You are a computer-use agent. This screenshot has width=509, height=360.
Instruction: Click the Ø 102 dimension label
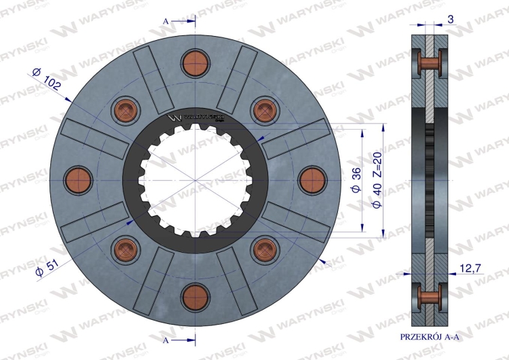point(46,79)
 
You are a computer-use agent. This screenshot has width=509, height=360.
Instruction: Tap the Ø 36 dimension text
point(356,180)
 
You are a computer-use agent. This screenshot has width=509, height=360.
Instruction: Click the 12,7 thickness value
point(470,268)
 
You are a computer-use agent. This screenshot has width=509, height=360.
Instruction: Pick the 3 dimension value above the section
point(451,20)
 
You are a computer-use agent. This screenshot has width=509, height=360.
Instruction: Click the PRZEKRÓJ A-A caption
point(430,337)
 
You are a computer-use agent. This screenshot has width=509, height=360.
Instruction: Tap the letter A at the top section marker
point(166,22)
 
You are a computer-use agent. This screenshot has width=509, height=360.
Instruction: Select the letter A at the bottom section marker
point(166,340)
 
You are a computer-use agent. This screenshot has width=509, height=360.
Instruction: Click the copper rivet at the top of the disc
point(195,63)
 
